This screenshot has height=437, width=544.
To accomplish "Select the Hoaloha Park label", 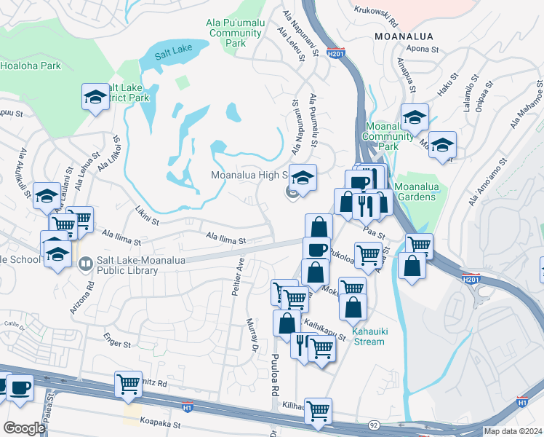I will point(30,66).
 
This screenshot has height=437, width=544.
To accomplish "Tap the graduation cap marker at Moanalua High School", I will point(302,177).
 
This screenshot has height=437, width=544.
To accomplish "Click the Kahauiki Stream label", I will point(368,336).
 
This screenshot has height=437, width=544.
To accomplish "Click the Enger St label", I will point(116,342).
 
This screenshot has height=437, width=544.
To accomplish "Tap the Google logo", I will point(24,428).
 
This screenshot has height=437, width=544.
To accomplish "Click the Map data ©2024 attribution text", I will point(513,431).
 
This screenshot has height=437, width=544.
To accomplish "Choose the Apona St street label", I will point(427,50).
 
